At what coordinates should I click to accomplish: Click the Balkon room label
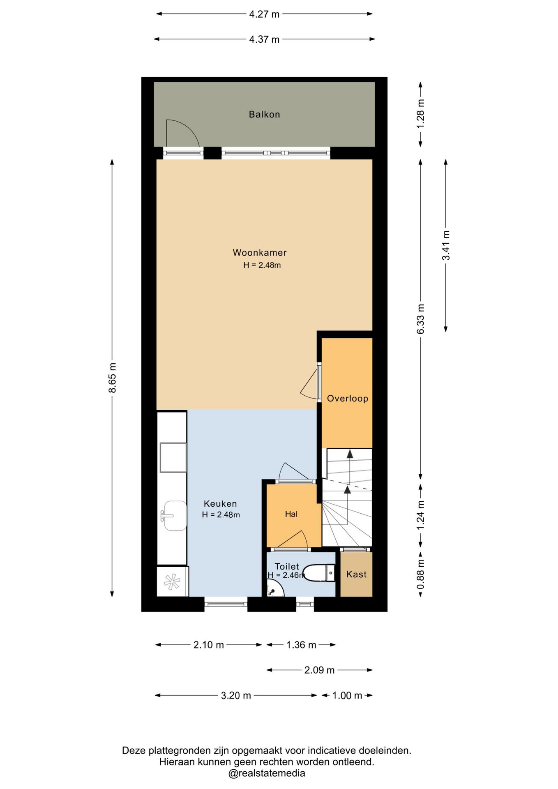pyautogui.click(x=264, y=114)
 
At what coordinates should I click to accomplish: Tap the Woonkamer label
pyautogui.click(x=260, y=253)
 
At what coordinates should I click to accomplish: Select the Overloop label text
pyautogui.click(x=348, y=398)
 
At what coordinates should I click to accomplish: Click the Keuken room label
pyautogui.click(x=220, y=503)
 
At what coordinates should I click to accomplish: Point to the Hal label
pyautogui.click(x=291, y=514)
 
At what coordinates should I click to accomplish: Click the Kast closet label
pyautogui.click(x=356, y=574)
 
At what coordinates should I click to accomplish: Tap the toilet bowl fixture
pyautogui.click(x=319, y=573)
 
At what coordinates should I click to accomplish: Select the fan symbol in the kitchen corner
pyautogui.click(x=172, y=581)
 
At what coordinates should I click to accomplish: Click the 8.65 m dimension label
pyautogui.click(x=112, y=378)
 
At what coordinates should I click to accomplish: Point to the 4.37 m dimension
pyautogui.click(x=264, y=39)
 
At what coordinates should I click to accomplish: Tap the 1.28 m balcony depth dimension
pyautogui.click(x=420, y=114)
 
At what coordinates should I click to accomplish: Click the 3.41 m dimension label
pyautogui.click(x=446, y=245)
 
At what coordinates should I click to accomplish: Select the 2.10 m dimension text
pyautogui.click(x=209, y=645)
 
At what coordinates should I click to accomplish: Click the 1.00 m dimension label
pyautogui.click(x=347, y=695)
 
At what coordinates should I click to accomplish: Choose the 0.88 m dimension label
pyautogui.click(x=420, y=574)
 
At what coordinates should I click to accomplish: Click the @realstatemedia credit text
pyautogui.click(x=267, y=773)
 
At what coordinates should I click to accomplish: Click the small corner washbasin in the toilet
pyautogui.click(x=274, y=588)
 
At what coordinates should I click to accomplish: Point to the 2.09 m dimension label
pyautogui.click(x=319, y=670)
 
